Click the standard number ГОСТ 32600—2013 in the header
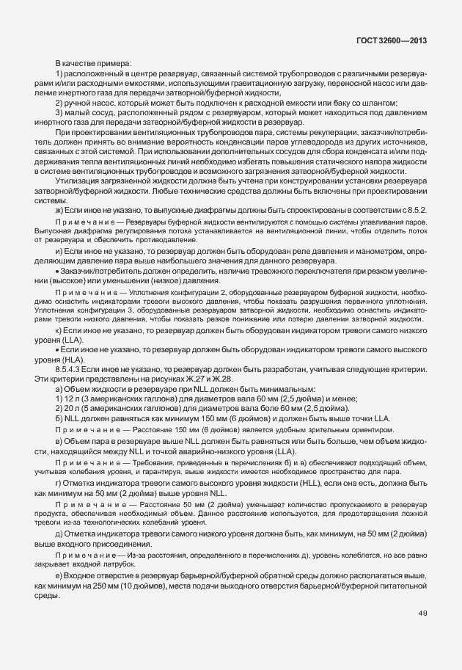pyautogui.click(x=393, y=41)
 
